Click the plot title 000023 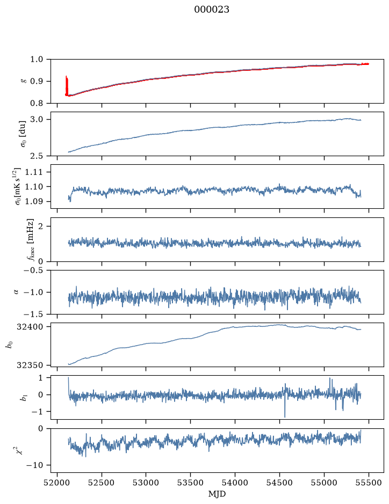pos(212,10)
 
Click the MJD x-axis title pos(217,494)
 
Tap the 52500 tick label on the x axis pos(102,483)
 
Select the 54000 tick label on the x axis pos(235,483)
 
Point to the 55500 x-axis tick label pos(369,483)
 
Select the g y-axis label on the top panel pos(23,82)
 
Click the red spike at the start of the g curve pos(67,85)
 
